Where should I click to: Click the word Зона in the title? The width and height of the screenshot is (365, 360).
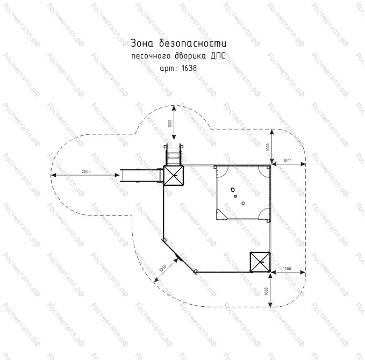click(x=142, y=44)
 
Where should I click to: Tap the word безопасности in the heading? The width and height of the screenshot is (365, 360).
click(x=193, y=44)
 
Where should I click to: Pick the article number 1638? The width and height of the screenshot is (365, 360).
click(x=189, y=68)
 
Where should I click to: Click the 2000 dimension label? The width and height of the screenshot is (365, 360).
click(x=86, y=171)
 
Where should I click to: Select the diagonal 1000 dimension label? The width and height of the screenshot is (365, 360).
click(x=163, y=268)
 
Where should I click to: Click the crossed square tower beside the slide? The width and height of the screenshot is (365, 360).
click(x=173, y=176)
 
